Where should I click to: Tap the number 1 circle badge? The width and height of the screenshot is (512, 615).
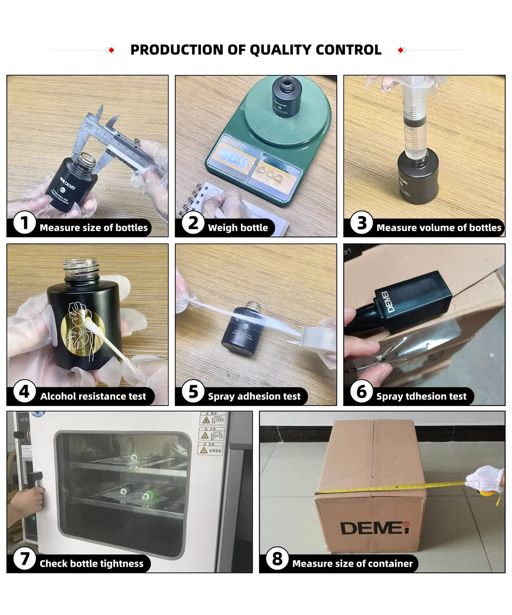tap(24, 223)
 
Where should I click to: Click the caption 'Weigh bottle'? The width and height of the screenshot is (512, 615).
tap(238, 228)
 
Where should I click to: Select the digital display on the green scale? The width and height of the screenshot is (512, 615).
tap(230, 160)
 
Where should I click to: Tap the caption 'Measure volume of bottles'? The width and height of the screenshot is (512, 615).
tap(439, 228)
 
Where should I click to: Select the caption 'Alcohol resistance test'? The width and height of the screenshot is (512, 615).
tap(93, 396)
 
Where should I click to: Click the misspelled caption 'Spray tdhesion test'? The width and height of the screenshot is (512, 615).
tap(421, 396)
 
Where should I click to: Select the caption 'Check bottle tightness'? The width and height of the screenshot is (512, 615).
tap(91, 564)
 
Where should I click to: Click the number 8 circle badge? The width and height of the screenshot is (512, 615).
tap(277, 559)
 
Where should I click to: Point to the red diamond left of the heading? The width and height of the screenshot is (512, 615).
tap(111, 50)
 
